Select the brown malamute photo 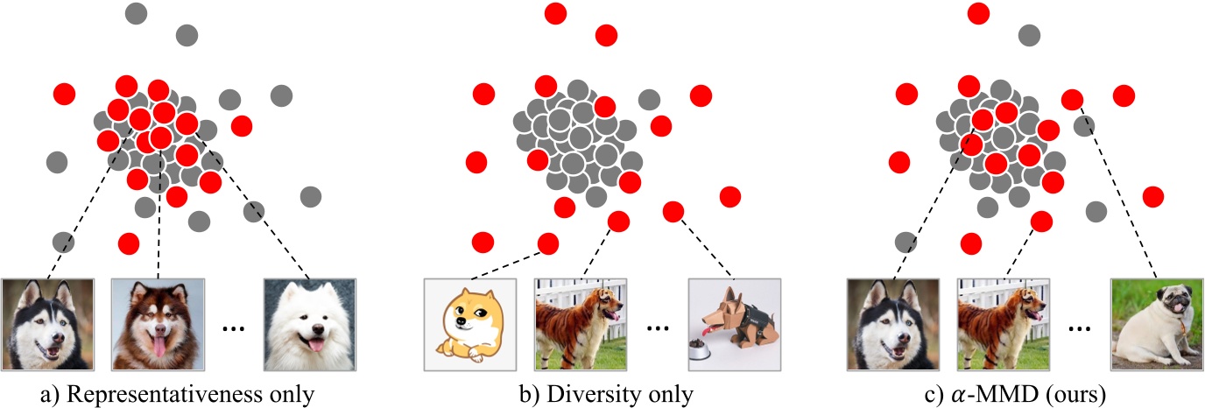click(x=158, y=325)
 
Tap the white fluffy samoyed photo click(x=310, y=325)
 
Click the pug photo click(x=1157, y=325)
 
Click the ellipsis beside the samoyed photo click(x=234, y=329)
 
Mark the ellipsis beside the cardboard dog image click(x=657, y=329)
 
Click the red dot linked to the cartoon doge click(x=548, y=243)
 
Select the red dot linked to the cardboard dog click(x=673, y=211)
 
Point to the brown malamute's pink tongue click(x=159, y=348)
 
